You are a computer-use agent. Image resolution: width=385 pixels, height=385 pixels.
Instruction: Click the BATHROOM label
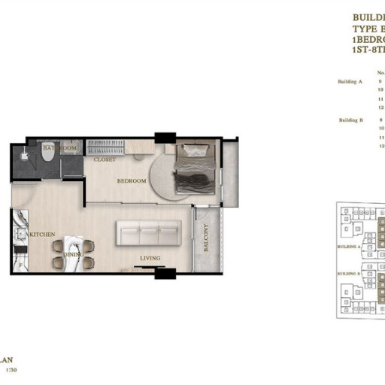pyautogui.click(x=59, y=149)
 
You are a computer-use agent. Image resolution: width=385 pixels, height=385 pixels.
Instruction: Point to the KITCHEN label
pyautogui.click(x=42, y=235)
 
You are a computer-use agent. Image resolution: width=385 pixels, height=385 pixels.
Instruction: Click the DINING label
pyautogui.click(x=74, y=254)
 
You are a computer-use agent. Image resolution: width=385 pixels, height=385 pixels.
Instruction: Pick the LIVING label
pyautogui.click(x=150, y=259)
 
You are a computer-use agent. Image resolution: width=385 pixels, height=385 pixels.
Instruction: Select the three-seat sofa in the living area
pyautogui.click(x=148, y=234)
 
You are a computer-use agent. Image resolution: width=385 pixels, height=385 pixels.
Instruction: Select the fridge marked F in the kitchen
pyautogui.click(x=18, y=264)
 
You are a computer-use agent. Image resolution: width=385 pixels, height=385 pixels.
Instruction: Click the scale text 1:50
pyautogui.click(x=11, y=370)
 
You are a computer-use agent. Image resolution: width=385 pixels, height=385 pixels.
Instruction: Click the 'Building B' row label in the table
pyautogui.click(x=350, y=120)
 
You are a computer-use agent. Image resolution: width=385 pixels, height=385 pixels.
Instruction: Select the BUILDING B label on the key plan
pyautogui.click(x=348, y=274)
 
